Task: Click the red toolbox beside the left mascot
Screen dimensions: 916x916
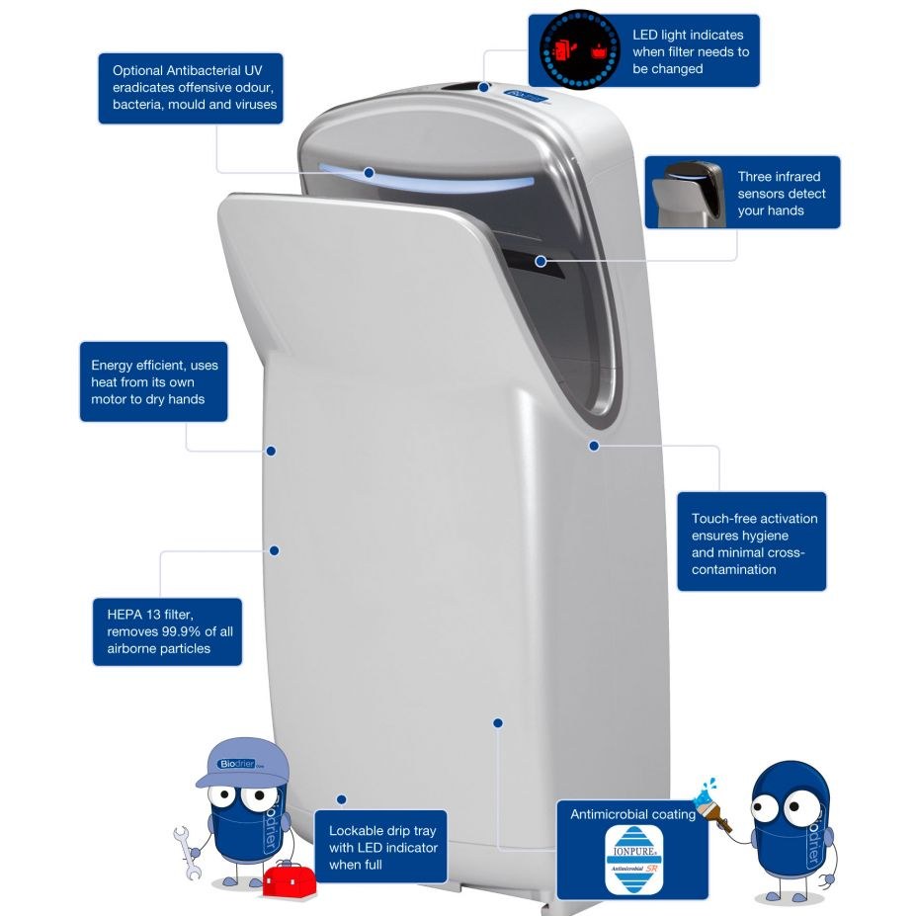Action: (x=289, y=878)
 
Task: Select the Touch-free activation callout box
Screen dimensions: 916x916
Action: (x=751, y=542)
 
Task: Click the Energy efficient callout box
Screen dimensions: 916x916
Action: (x=153, y=382)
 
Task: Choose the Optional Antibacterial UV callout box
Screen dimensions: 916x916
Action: (x=191, y=88)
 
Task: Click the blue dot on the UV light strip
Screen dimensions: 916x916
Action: (x=369, y=172)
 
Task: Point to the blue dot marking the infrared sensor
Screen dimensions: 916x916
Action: (x=541, y=261)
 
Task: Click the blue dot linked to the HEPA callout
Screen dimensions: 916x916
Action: (x=275, y=550)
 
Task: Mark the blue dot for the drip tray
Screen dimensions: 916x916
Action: (x=341, y=799)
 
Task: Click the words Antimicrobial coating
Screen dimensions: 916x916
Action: (x=632, y=814)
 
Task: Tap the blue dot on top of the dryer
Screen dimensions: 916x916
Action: (x=484, y=87)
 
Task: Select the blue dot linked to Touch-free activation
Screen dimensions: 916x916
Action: (x=594, y=446)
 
